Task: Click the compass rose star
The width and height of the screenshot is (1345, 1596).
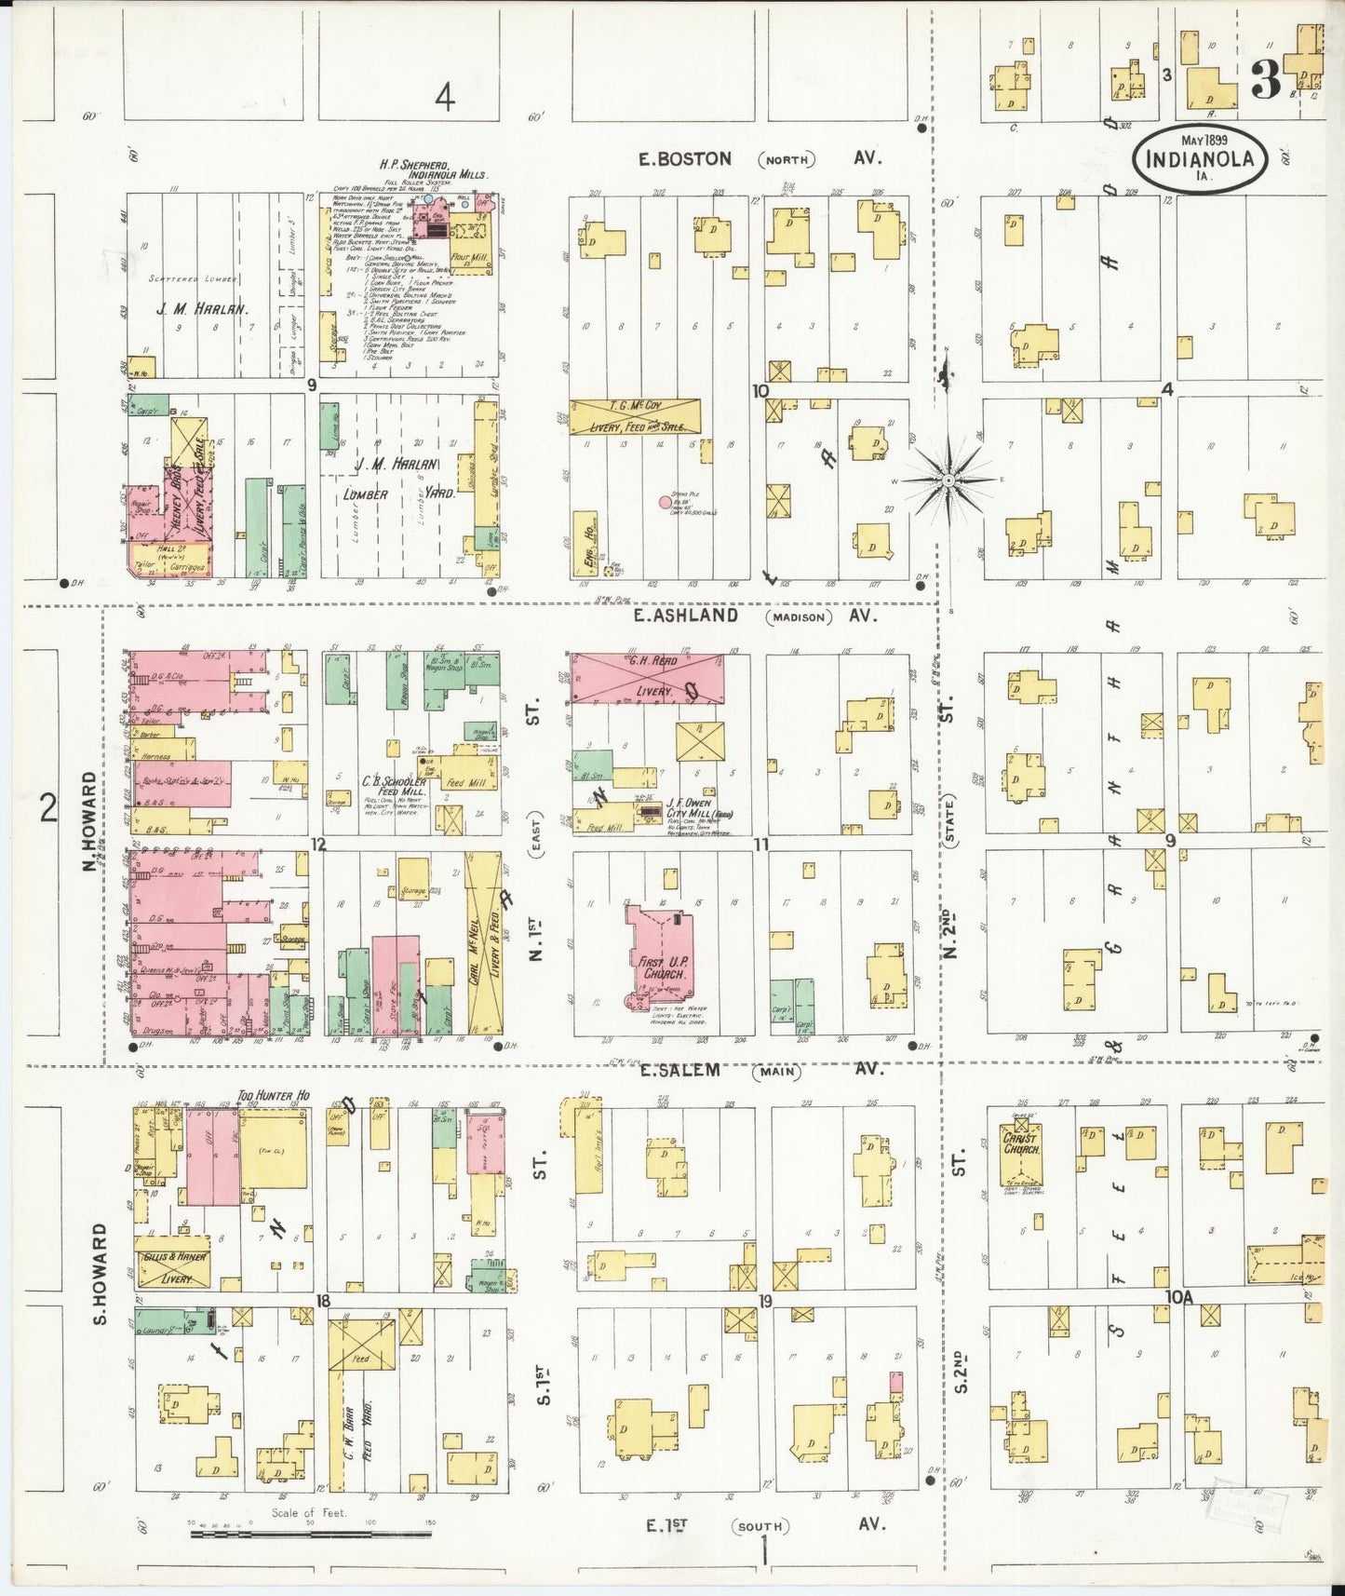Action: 948,480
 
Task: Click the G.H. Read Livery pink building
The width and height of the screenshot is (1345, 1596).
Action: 647,678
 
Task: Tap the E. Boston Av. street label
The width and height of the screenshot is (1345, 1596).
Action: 684,159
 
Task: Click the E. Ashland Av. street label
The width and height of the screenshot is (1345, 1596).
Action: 687,615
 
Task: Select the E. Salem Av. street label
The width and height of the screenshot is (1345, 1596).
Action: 679,1071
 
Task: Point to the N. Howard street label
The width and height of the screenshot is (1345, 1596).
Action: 90,821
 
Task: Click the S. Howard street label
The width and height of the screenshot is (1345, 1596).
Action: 101,1274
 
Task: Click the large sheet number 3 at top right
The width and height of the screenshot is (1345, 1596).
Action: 1264,81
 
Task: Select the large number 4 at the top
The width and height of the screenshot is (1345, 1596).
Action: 447,97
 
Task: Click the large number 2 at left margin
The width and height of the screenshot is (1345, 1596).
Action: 47,807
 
